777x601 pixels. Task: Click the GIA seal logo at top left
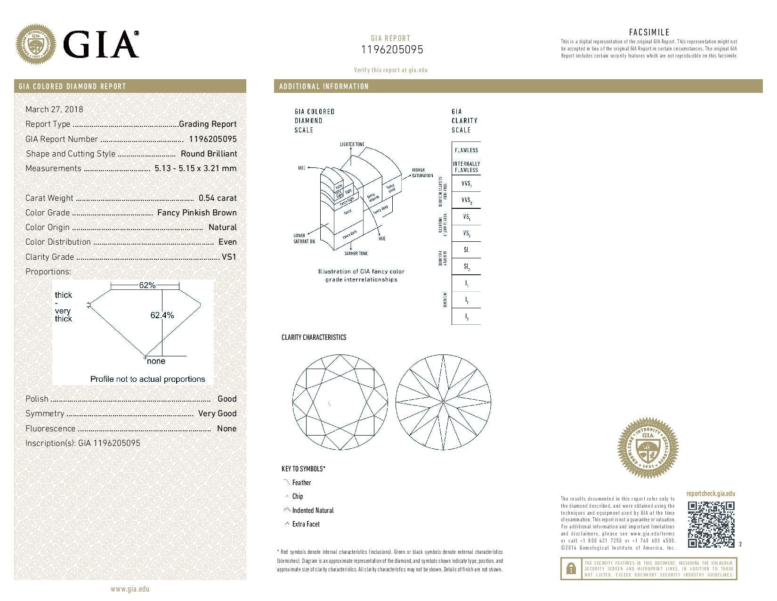click(36, 44)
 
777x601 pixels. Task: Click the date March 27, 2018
click(54, 109)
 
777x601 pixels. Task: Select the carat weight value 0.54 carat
click(217, 198)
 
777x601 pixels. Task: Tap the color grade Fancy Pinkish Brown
click(196, 213)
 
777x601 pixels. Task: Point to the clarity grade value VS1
click(229, 257)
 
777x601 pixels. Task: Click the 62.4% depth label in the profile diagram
click(162, 315)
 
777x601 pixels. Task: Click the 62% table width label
click(147, 285)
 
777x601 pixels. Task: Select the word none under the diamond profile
click(156, 362)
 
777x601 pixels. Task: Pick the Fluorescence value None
click(227, 428)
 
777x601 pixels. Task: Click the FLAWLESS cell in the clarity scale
click(466, 150)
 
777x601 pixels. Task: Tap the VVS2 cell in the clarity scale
click(466, 200)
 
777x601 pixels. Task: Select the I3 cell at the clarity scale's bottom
click(466, 317)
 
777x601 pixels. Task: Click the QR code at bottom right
click(711, 524)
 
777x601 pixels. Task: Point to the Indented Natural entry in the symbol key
click(312, 510)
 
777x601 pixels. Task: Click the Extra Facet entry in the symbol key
click(306, 524)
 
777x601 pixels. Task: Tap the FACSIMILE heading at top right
click(649, 33)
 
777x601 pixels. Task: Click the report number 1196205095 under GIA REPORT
click(392, 49)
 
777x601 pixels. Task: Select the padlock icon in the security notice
click(570, 568)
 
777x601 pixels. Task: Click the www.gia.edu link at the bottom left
click(130, 589)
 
